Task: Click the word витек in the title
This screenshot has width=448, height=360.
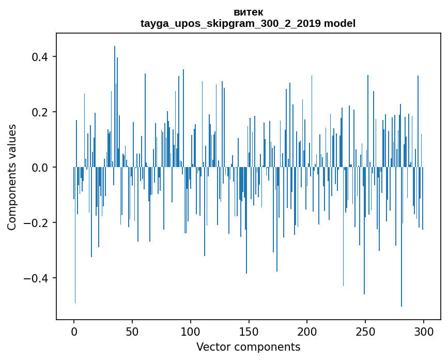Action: (x=248, y=12)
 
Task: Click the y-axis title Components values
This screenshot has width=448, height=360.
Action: (x=12, y=177)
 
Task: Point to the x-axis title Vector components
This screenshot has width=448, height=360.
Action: (x=248, y=347)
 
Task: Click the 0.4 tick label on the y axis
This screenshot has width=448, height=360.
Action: (x=39, y=56)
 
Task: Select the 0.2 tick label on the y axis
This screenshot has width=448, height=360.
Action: (x=39, y=112)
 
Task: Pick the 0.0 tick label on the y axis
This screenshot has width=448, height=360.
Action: (x=39, y=168)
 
